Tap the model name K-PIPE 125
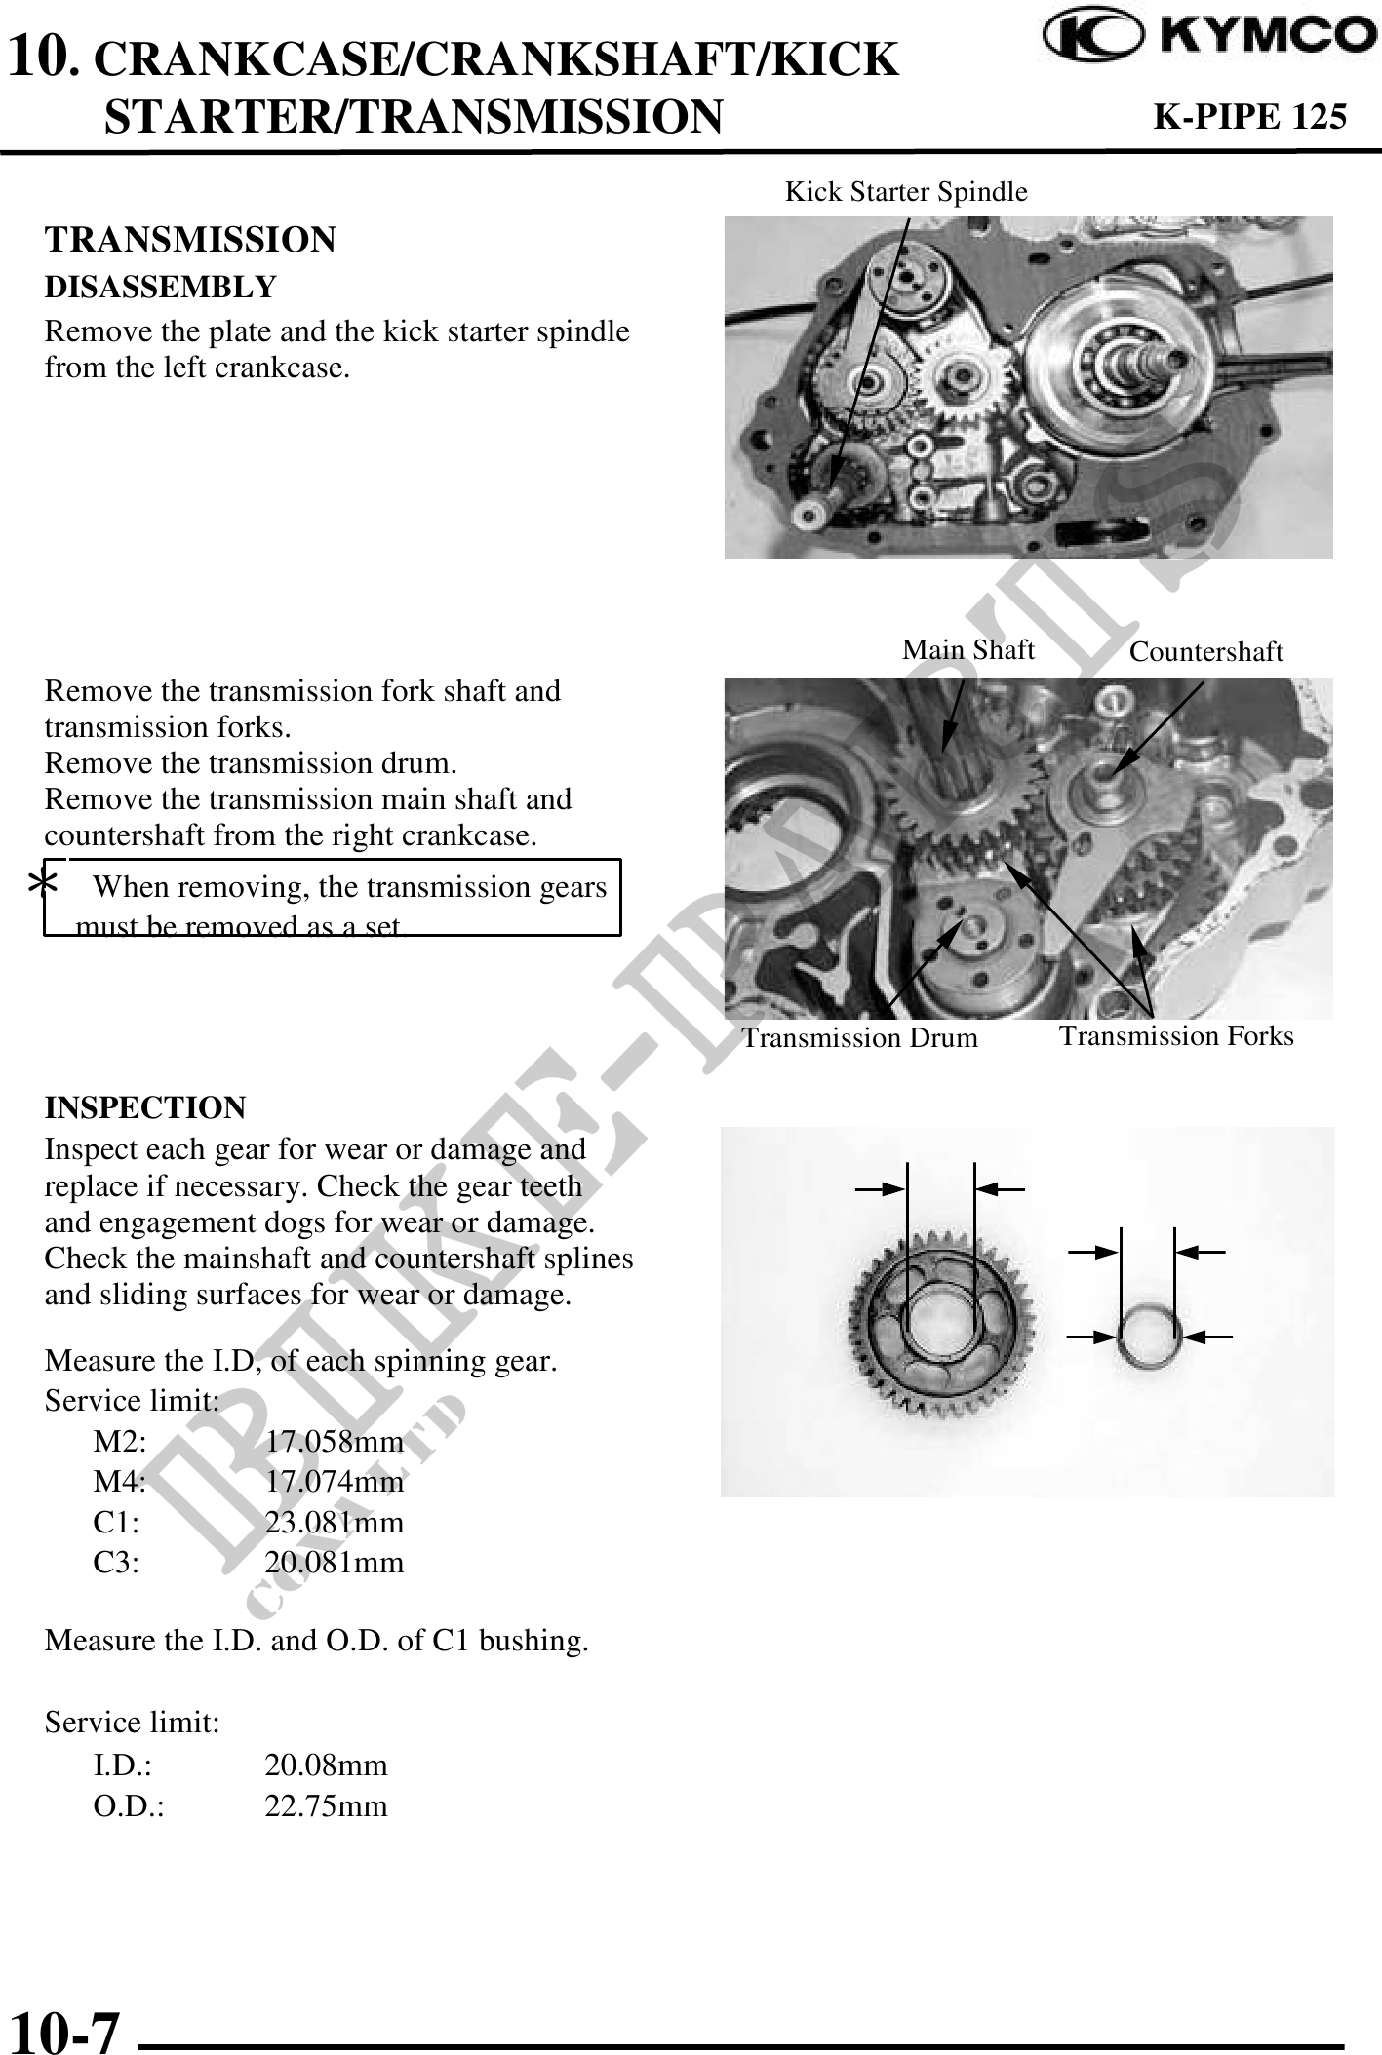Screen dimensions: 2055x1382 [1249, 116]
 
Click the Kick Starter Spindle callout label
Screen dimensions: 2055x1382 [906, 192]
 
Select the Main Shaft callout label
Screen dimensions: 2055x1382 [967, 650]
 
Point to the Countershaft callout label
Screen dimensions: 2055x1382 [1205, 653]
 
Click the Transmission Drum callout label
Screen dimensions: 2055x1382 [859, 1038]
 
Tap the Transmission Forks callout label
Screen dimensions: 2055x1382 [1176, 1036]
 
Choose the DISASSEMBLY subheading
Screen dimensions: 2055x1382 [161, 288]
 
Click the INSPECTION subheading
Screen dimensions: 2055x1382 [145, 1108]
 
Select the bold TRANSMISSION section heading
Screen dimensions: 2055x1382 [190, 240]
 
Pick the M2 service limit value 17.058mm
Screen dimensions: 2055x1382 [335, 1441]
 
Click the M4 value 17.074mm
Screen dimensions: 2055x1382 [335, 1482]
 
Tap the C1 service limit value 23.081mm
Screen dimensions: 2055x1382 [335, 1523]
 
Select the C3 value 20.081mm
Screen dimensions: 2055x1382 [335, 1564]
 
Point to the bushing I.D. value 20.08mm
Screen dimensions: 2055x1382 [327, 1765]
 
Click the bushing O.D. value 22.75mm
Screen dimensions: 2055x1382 [327, 1806]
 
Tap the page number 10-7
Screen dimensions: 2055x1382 [64, 2031]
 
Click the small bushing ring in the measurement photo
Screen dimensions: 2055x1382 [1149, 1338]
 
